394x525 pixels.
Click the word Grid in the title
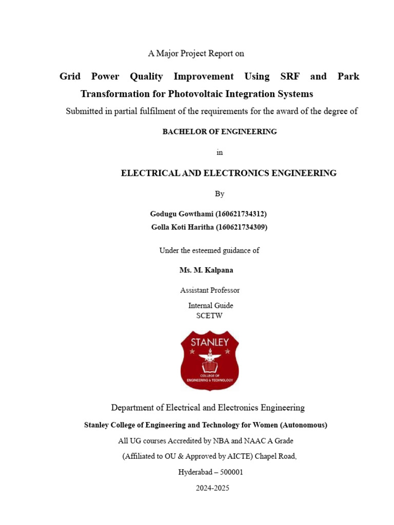coord(70,76)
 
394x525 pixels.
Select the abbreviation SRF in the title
coord(290,76)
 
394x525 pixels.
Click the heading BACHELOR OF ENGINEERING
coord(220,132)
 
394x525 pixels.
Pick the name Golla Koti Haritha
coord(183,227)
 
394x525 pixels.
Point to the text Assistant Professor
coord(210,290)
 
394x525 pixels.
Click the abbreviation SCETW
coord(210,316)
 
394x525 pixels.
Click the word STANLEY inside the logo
coord(209,341)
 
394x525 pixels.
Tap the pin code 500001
coord(231,472)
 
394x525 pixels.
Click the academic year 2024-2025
coord(212,488)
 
